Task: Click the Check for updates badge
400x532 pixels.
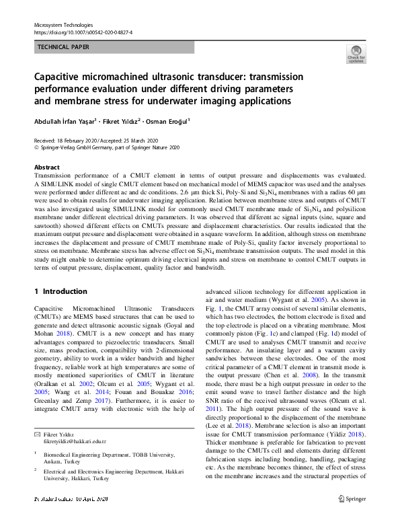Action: [x=356, y=54]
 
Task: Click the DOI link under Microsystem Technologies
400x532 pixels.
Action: [x=83, y=32]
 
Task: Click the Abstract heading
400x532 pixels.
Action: [x=46, y=167]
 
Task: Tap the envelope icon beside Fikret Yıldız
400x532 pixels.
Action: [x=36, y=435]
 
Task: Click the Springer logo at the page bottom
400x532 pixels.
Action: [x=356, y=498]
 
